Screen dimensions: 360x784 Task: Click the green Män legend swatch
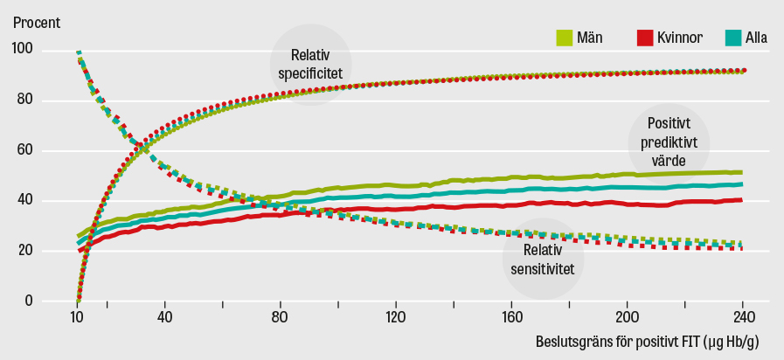(564, 38)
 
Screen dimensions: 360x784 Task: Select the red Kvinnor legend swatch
(644, 38)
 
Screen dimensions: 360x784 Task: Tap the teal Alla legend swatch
(732, 38)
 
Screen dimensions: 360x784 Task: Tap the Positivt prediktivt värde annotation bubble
(670, 142)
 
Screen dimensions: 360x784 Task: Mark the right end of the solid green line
(741, 172)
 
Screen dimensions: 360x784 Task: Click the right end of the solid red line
(741, 200)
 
